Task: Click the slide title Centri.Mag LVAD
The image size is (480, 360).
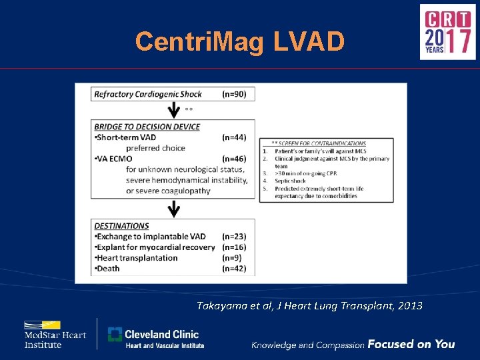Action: click(240, 41)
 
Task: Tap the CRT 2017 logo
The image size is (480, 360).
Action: click(447, 32)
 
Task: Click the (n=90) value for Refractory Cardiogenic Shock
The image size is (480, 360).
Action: click(233, 94)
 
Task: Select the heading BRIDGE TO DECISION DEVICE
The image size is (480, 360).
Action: click(147, 127)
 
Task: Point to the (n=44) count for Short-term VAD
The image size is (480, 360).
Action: click(233, 137)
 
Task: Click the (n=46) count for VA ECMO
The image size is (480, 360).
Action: click(233, 159)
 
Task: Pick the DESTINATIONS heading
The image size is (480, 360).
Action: click(121, 226)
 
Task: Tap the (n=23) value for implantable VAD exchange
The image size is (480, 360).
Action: click(233, 237)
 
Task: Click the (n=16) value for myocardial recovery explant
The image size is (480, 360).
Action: click(233, 247)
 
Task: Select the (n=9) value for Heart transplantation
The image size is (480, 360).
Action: click(231, 258)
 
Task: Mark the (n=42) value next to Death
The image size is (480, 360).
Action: click(233, 269)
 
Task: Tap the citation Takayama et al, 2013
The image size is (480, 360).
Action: click(309, 305)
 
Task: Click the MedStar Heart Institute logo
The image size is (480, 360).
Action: click(55, 335)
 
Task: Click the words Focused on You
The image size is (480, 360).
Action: click(411, 344)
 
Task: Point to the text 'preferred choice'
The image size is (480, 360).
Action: click(156, 148)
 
